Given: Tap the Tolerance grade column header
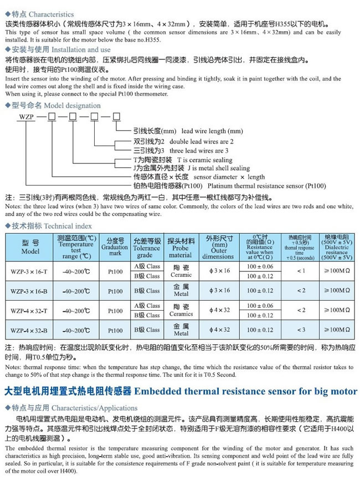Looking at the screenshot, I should pyautogui.click(x=146, y=247).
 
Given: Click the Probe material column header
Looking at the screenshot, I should pyautogui.click(x=181, y=247).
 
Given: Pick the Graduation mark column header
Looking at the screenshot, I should pyautogui.click(x=115, y=247).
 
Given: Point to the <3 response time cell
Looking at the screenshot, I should pyautogui.click(x=301, y=330).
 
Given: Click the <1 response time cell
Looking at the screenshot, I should pyautogui.click(x=301, y=270).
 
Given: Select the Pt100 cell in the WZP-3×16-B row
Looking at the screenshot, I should pyautogui.click(x=115, y=290).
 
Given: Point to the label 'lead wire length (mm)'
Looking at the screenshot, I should pyautogui.click(x=213, y=131).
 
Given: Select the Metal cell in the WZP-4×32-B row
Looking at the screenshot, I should pyautogui.click(x=181, y=330).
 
